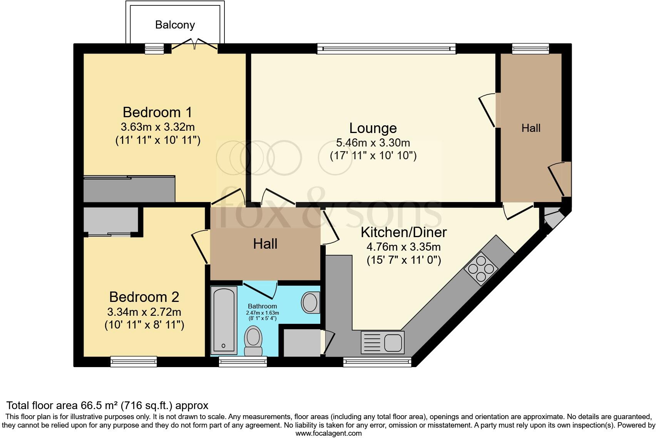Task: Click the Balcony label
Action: [175, 25]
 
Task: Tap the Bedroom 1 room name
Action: [157, 112]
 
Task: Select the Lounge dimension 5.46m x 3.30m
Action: [373, 143]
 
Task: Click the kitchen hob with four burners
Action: [481, 268]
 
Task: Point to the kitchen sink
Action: [383, 342]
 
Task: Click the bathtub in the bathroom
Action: [224, 320]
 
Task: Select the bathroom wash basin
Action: [310, 302]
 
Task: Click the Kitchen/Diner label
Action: [403, 232]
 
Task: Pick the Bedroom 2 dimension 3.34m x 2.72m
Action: [144, 311]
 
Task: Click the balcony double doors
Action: [194, 45]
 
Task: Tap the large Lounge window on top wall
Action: [386, 49]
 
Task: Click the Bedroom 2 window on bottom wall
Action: [134, 361]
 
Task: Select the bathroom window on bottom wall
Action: [243, 361]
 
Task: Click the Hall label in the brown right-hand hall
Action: [531, 128]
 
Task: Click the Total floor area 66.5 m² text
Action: [107, 405]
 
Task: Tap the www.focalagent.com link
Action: [328, 433]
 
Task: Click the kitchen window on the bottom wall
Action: [377, 361]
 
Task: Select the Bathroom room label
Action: [262, 306]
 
